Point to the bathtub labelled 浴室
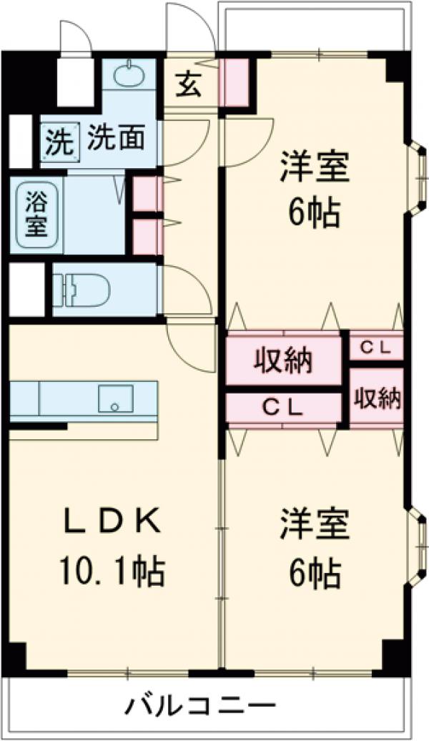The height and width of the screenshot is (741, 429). click(32, 215)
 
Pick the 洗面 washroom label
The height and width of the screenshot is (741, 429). click(117, 137)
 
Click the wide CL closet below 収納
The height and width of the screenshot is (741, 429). click(284, 408)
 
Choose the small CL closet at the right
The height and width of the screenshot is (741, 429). click(375, 348)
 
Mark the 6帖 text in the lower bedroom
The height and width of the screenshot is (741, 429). click(315, 571)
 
